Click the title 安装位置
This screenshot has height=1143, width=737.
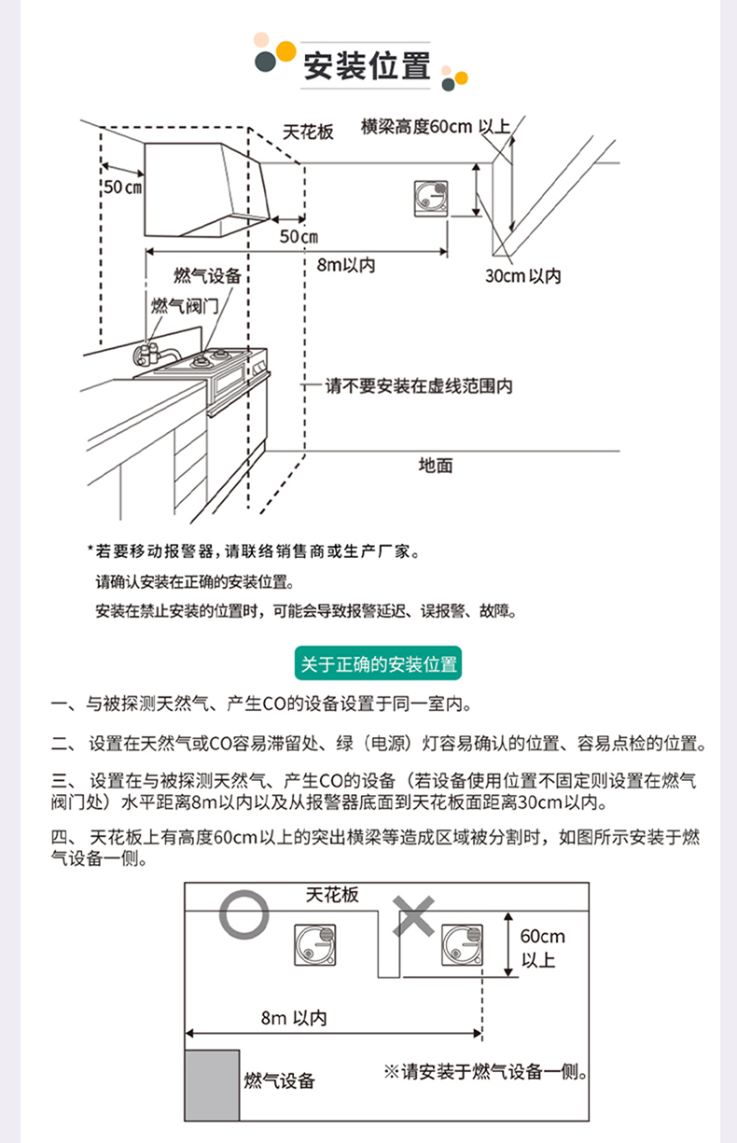tap(367, 66)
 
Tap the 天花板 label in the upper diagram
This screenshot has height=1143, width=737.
tap(308, 132)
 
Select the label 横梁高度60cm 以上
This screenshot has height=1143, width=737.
tap(435, 127)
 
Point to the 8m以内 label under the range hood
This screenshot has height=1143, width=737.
tap(346, 265)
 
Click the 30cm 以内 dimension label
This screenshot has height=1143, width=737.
tap(523, 276)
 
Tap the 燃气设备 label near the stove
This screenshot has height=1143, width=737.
tap(207, 275)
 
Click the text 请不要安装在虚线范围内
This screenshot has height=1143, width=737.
tap(419, 385)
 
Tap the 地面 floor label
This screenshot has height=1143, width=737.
tap(435, 465)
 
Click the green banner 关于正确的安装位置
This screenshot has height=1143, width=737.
tap(378, 664)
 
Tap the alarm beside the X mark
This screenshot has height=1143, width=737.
tap(462, 944)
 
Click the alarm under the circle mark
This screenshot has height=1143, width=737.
tap(315, 944)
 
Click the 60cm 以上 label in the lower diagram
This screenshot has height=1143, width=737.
tap(542, 947)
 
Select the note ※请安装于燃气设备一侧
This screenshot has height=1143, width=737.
tap(485, 1072)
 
